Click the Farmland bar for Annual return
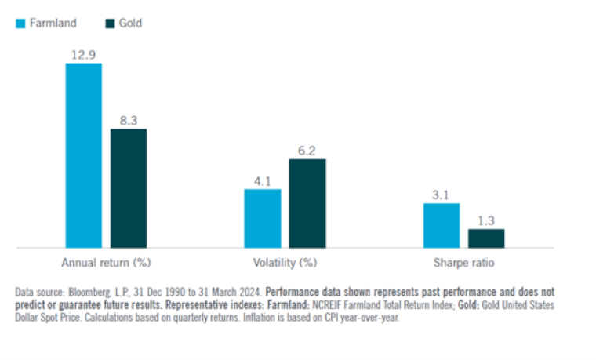click(83, 155)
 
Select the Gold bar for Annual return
click(128, 188)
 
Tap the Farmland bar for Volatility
click(262, 218)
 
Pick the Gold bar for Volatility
click(307, 203)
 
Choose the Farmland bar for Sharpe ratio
click(442, 225)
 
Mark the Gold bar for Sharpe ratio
click(486, 238)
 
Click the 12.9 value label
click(83, 53)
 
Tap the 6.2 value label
click(307, 149)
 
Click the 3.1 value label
click(442, 194)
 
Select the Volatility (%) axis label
click(285, 262)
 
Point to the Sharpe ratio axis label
click(464, 262)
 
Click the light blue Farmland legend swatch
click(20, 24)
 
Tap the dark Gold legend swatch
click(110, 24)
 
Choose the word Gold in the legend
click(130, 24)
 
